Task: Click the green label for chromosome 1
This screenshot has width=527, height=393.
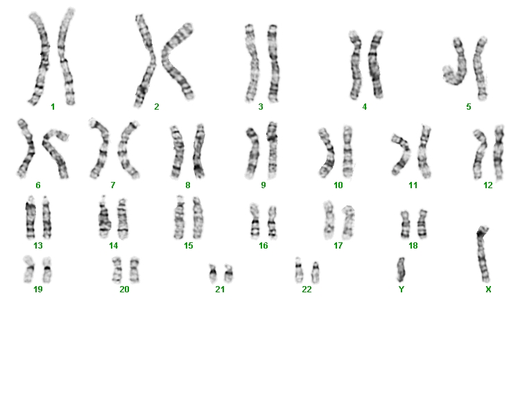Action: coord(53,107)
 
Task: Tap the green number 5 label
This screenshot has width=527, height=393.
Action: coord(469,107)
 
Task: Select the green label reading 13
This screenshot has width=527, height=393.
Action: coord(38,246)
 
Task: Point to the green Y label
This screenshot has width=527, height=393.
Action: coord(401,290)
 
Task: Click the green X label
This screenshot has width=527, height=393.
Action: coord(488,290)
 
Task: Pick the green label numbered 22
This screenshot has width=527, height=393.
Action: coord(306,290)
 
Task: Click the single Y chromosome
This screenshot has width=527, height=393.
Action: coord(401,269)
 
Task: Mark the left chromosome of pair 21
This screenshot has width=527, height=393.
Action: coord(213,273)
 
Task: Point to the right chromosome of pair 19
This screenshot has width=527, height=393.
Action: coord(47,270)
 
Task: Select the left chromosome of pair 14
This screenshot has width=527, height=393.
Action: coord(105,217)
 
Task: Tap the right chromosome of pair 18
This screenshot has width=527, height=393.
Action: coord(422,224)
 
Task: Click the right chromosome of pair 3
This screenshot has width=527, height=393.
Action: coord(274,63)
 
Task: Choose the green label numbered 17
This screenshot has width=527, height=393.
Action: coord(338,246)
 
